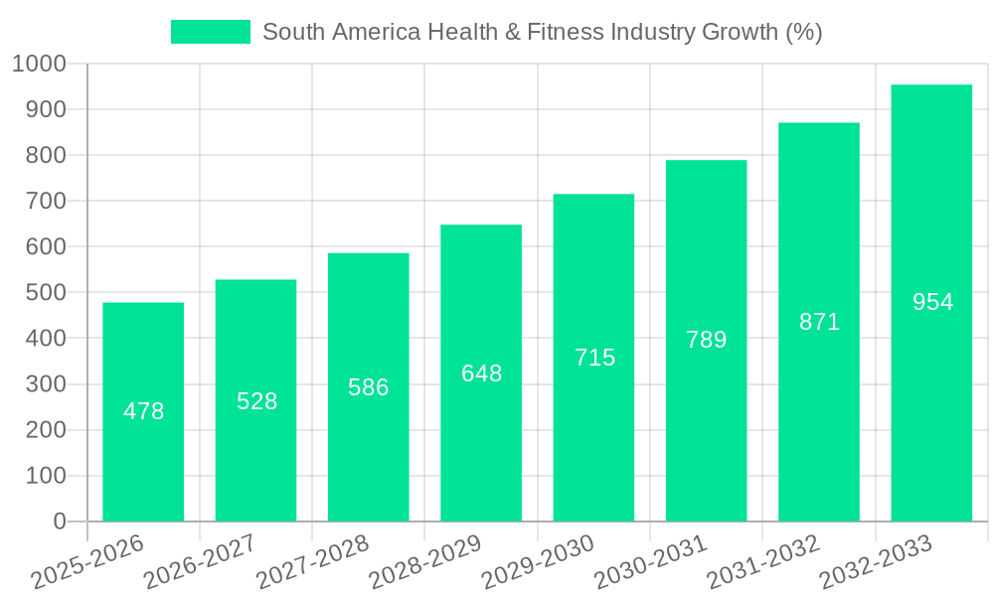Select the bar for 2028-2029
481,447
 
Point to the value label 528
256,401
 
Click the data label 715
594,358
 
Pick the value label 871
820,322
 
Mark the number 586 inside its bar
369,387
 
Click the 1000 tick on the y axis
40,65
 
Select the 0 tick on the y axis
60,521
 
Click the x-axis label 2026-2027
200,562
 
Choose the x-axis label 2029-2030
538,562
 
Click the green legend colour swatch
211,32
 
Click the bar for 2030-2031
707,437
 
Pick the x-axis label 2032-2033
876,562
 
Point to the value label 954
932,302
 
